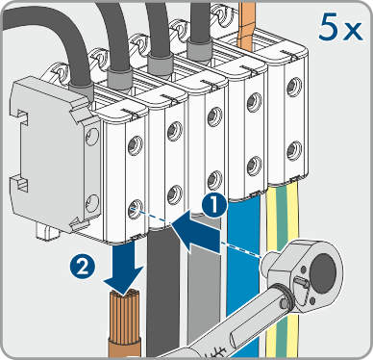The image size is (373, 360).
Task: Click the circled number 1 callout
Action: [x=214, y=205]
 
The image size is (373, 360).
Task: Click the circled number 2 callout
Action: [x=83, y=267]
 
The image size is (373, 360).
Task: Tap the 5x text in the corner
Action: [x=340, y=28]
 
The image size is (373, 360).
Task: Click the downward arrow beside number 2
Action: [x=123, y=269]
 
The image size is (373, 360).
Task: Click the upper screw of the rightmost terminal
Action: [x=294, y=87]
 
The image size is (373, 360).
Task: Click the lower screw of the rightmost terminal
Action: [x=294, y=149]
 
